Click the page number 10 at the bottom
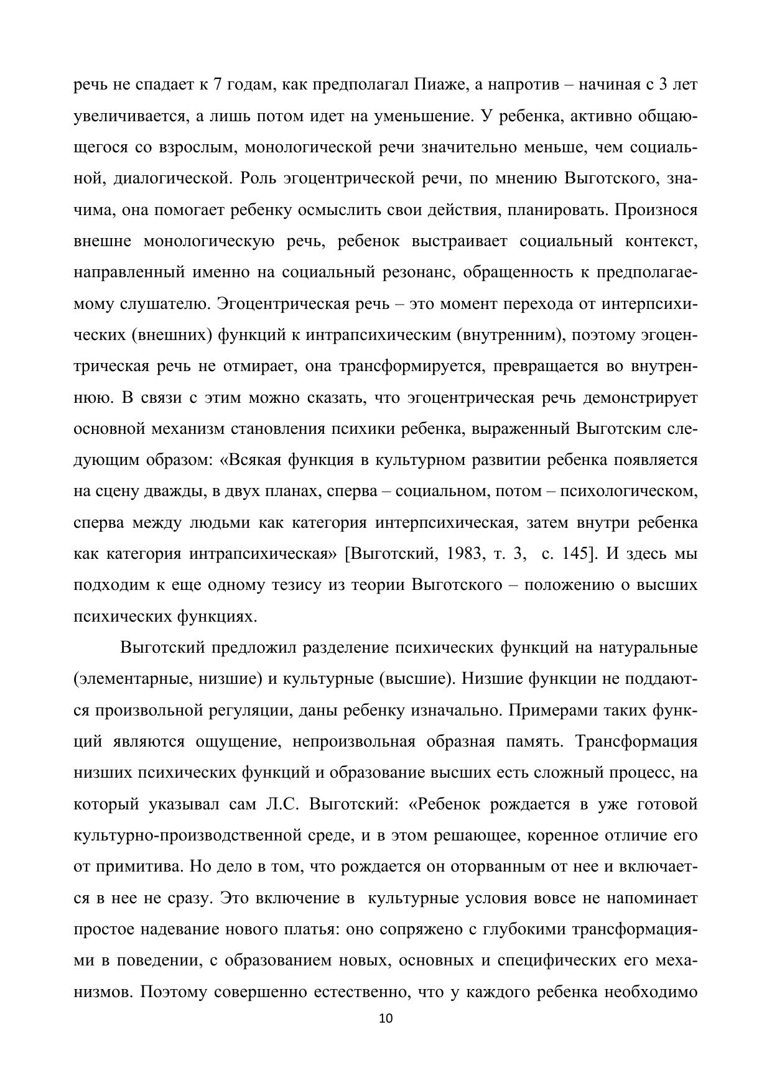click(386, 1018)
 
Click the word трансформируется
click(411, 366)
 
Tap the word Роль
click(259, 178)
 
